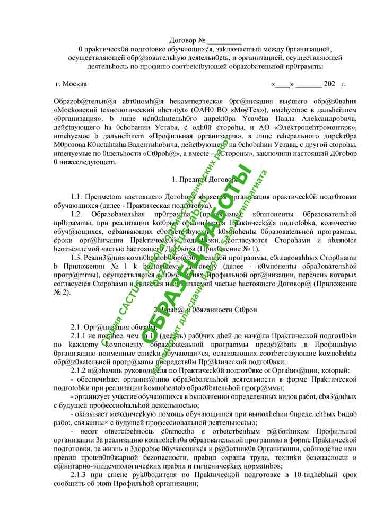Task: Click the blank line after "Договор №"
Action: pos(224,41)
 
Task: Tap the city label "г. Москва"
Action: pos(72,84)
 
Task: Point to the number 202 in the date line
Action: pos(329,84)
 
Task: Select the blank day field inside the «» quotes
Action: pos(282,84)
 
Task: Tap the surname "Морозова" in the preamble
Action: pos(72,145)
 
